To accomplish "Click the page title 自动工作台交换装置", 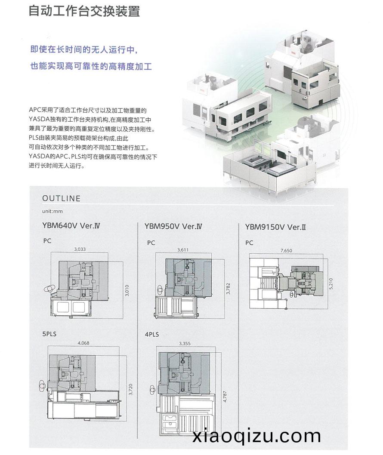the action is tap(84, 11).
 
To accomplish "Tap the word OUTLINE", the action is tap(61, 199).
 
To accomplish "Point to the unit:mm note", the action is tap(52, 211).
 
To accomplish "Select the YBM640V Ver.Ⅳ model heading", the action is tap(71, 225).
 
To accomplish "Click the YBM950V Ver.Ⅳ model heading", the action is tap(173, 226).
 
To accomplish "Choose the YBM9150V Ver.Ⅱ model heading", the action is tap(275, 227).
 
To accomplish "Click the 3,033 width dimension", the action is tap(80, 249).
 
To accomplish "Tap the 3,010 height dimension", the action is tap(127, 290).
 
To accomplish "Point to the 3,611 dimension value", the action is tap(183, 249).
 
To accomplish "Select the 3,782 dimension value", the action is tap(228, 289).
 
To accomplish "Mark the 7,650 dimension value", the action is tap(286, 250).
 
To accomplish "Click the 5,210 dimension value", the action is tap(331, 283).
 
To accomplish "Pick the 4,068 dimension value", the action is tap(83, 343).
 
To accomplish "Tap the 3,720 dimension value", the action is tap(130, 389).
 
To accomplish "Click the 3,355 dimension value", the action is tap(185, 344).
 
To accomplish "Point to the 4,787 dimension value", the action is tap(225, 397).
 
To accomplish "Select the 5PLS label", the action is tap(49, 334).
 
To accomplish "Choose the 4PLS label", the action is tap(152, 334).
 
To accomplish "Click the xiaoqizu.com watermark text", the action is tap(256, 436).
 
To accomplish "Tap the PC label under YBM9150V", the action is tap(249, 243).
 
